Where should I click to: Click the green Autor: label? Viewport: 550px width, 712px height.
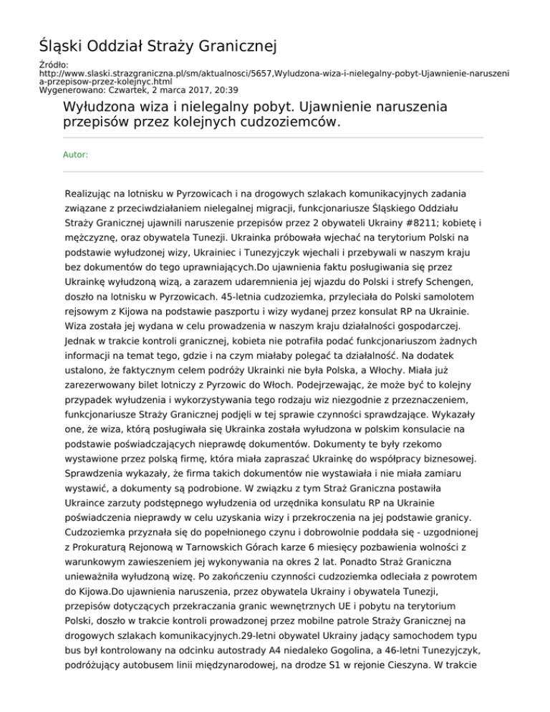75,154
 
